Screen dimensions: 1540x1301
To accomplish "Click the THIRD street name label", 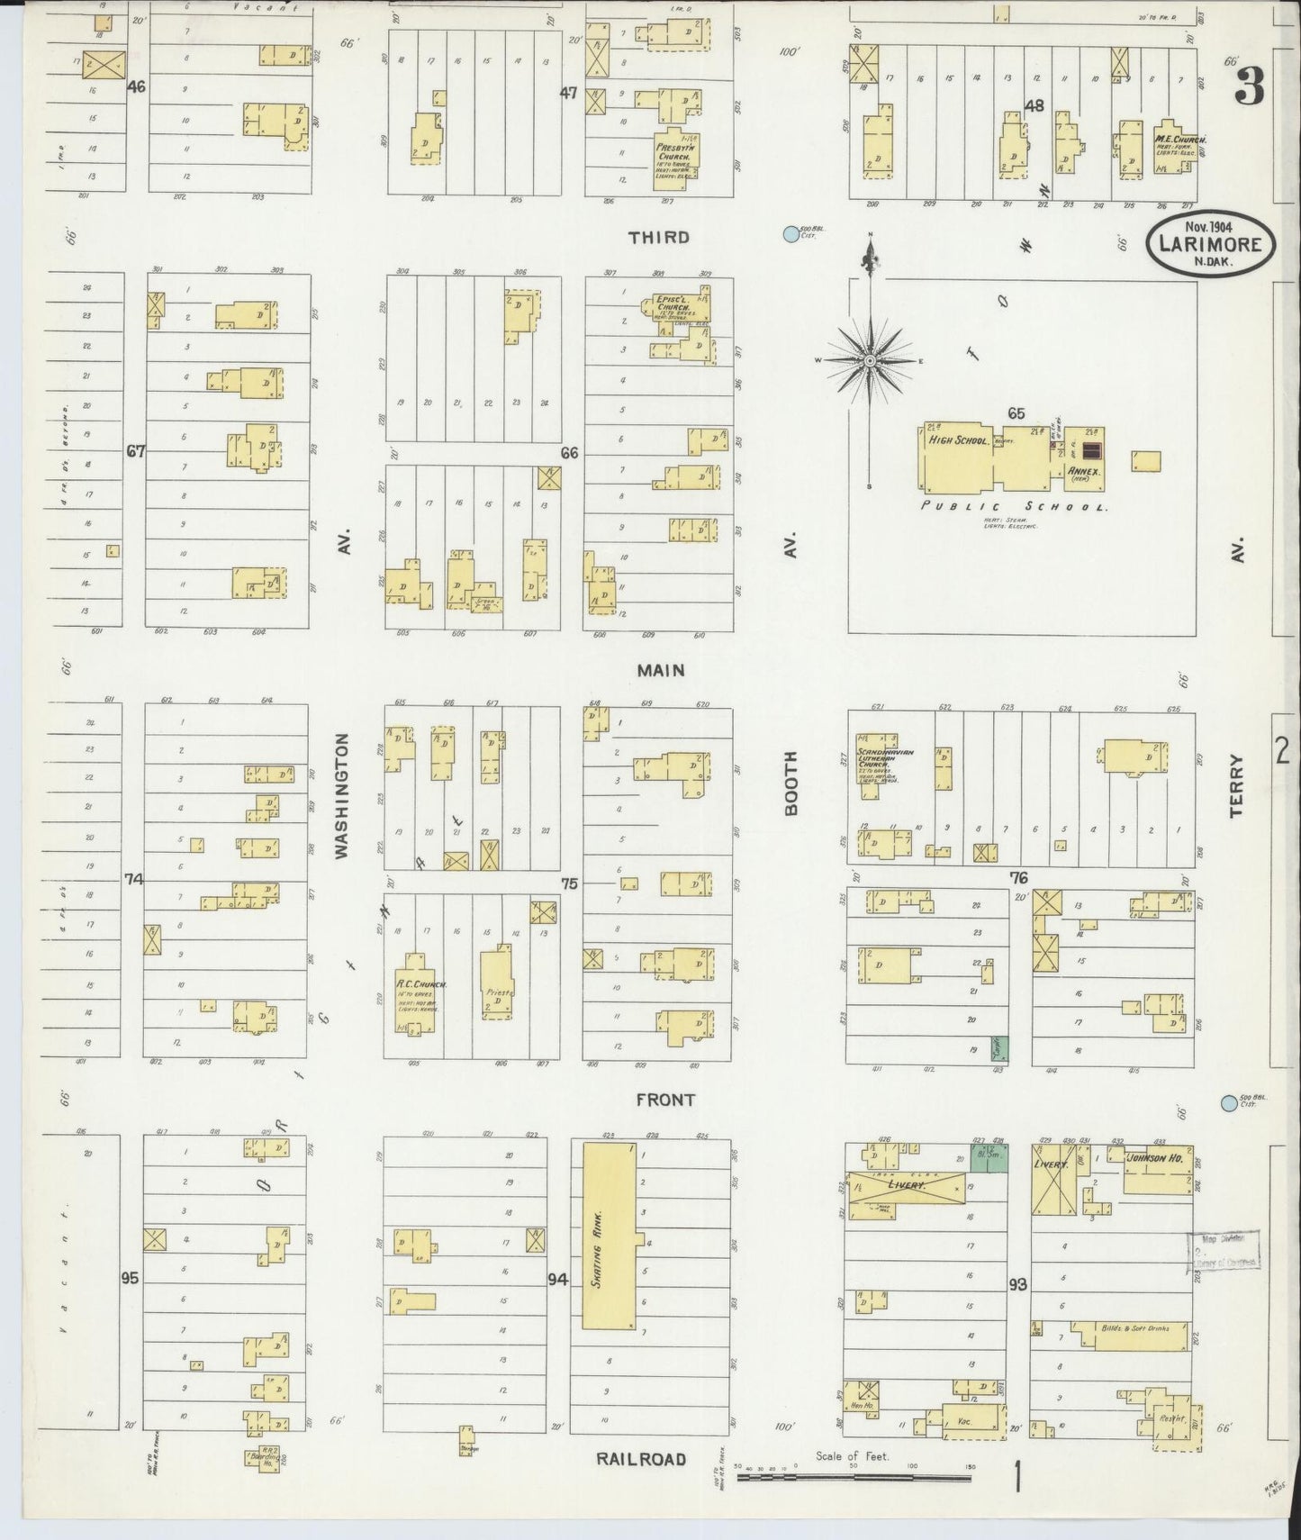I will [659, 237].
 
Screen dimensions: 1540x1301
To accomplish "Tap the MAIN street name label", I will [661, 670].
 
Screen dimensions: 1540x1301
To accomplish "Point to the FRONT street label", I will [664, 1100].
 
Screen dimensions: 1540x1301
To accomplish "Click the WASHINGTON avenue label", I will [342, 795].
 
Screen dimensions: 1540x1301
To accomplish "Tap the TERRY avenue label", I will [1236, 785].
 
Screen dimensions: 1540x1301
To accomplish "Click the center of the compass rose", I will [871, 361].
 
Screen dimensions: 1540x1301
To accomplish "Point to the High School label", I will [960, 441].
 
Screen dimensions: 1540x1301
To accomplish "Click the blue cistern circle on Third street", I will [791, 234].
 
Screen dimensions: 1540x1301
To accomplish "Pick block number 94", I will [559, 1279].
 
